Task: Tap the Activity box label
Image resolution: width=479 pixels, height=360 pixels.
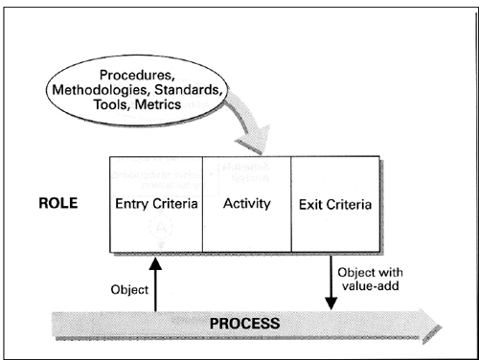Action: pyautogui.click(x=246, y=204)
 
